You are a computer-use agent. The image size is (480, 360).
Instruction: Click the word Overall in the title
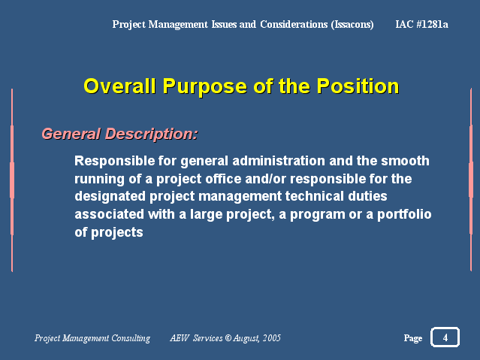[x=119, y=86]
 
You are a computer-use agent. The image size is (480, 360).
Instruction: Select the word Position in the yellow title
[x=358, y=86]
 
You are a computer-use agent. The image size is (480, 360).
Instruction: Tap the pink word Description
[x=152, y=135]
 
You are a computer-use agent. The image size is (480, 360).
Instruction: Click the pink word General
[x=71, y=134]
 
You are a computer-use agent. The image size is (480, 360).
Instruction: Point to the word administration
[x=279, y=161]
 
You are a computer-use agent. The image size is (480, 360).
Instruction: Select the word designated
[x=110, y=196]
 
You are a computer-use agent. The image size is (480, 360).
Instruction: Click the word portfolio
[x=404, y=214]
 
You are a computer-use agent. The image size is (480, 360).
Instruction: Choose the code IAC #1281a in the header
[x=422, y=24]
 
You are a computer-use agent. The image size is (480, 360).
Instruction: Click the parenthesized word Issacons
[x=352, y=24]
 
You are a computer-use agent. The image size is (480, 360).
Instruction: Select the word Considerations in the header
[x=294, y=24]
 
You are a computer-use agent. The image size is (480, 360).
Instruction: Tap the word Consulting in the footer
[x=131, y=338]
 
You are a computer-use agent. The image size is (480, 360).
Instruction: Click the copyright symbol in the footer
[x=228, y=338]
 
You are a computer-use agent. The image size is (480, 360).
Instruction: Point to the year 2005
[x=272, y=338]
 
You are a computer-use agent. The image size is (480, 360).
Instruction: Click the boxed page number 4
[x=445, y=337]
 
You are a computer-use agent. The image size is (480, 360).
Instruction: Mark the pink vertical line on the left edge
[x=12, y=180]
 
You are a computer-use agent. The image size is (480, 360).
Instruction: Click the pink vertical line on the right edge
[x=471, y=180]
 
